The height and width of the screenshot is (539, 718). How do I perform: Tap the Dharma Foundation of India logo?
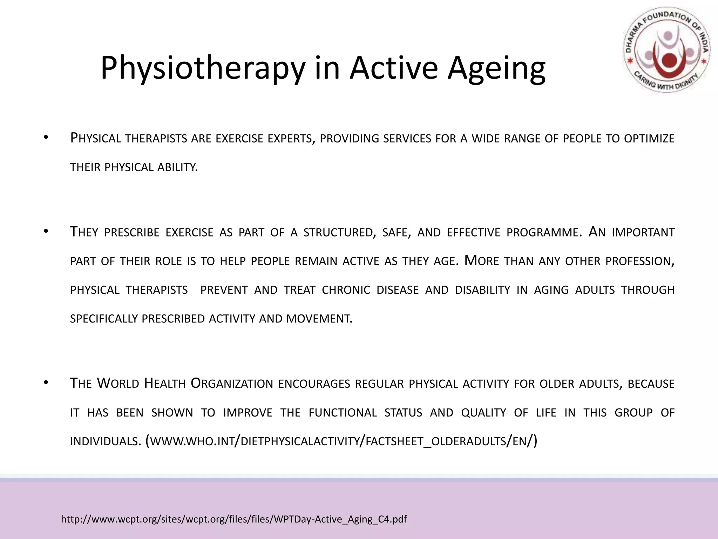(x=667, y=50)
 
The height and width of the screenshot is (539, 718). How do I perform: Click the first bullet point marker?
(x=45, y=138)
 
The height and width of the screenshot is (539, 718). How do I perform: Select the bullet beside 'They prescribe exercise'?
(x=45, y=231)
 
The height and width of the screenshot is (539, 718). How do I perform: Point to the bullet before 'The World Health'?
(x=45, y=383)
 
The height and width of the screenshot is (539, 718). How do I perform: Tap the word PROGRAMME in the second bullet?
(x=544, y=232)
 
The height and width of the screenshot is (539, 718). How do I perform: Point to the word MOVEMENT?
(x=319, y=319)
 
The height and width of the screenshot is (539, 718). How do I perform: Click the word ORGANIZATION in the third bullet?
(x=232, y=384)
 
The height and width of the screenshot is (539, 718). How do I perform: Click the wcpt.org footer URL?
(x=234, y=519)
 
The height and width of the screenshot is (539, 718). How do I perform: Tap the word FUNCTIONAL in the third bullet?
(x=343, y=413)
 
